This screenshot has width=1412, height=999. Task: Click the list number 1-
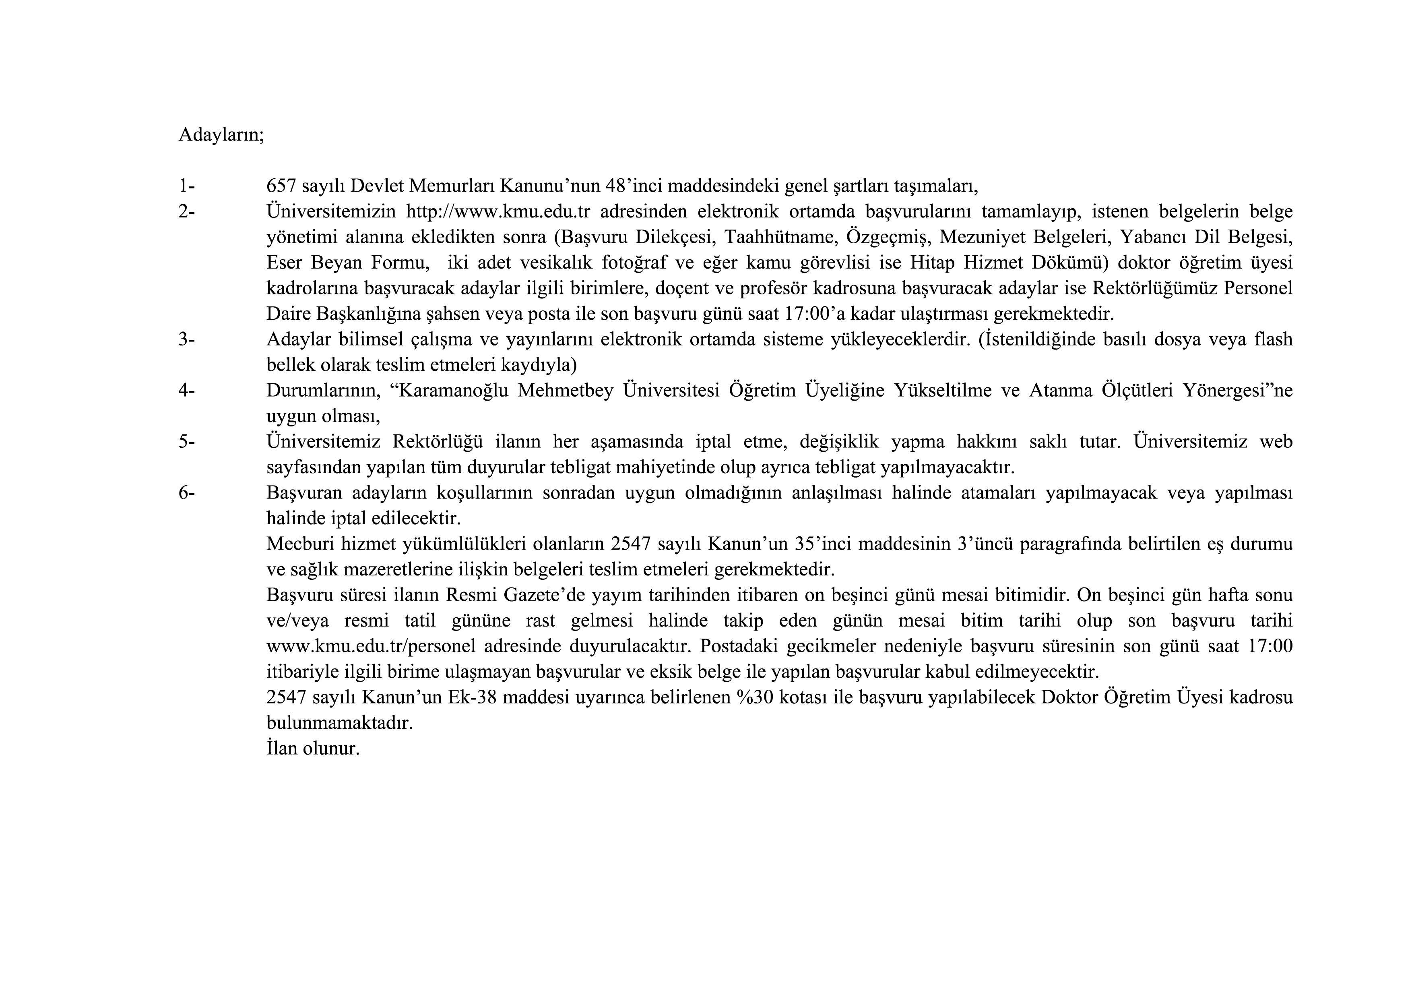[187, 185]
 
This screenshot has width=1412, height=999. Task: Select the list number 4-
[187, 390]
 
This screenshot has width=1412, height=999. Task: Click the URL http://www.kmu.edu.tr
[498, 211]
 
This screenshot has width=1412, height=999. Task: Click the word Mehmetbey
[566, 391]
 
